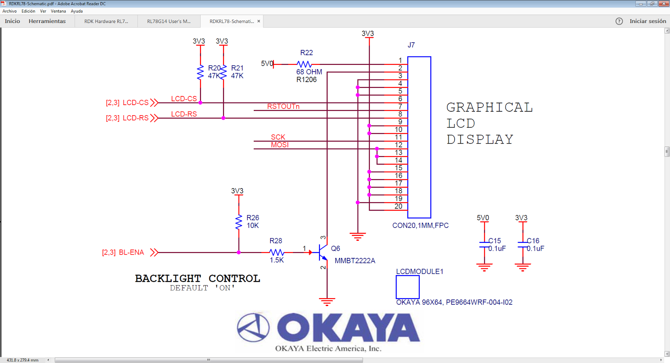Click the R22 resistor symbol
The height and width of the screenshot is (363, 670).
pos(304,64)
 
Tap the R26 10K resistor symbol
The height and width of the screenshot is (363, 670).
pos(239,222)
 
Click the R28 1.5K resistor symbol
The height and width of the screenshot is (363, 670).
pos(276,252)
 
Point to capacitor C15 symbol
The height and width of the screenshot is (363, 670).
pos(484,245)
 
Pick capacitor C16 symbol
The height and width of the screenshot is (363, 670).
pos(522,245)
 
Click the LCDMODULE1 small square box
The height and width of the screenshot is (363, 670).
pos(407,287)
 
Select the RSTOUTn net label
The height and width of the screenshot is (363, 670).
pos(283,106)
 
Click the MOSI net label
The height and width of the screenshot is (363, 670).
pos(279,145)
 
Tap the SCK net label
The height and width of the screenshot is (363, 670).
pos(278,137)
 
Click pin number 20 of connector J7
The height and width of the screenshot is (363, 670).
pos(398,206)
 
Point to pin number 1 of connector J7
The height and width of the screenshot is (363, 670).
pos(400,60)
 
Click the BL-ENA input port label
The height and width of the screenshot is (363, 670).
pos(131,252)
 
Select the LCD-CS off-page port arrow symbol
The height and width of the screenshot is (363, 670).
pos(154,103)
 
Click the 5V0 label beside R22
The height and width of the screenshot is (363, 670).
pos(267,64)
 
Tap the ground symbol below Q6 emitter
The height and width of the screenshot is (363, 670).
pos(327,301)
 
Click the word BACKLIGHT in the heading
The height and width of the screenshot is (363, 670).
pos(167,278)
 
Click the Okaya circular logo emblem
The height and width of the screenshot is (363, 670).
pos(253,327)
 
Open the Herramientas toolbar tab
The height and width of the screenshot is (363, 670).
pos(47,21)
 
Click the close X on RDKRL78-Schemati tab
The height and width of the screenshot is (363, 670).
pos(259,21)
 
